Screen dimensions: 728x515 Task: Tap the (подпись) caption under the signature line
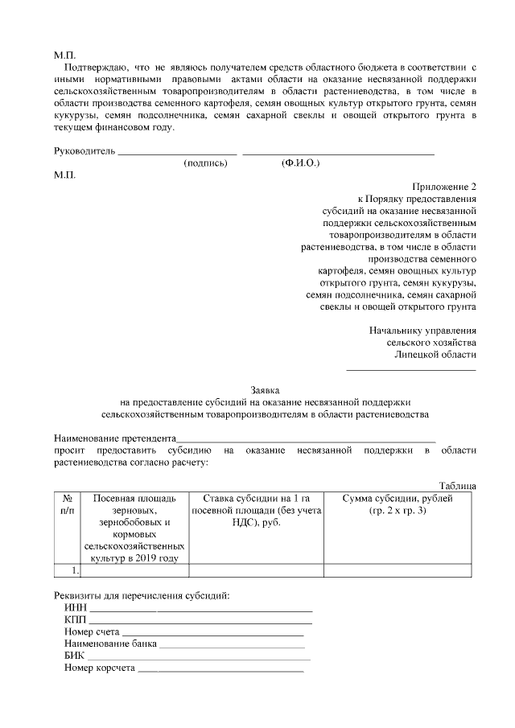coord(206,163)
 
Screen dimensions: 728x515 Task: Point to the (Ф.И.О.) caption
coord(301,163)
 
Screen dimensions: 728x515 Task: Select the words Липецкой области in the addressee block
coord(435,354)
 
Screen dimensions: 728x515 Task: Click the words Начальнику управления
coord(422,330)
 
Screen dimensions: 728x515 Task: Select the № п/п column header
coord(68,504)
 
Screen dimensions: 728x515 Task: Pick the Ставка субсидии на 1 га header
coord(256,499)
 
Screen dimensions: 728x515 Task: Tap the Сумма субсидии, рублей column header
coord(398,499)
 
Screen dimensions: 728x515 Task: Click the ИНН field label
coord(75,607)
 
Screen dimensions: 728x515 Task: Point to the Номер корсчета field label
coord(99,668)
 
